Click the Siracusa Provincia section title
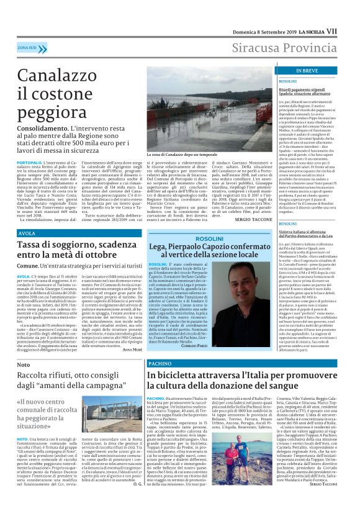[285, 47]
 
